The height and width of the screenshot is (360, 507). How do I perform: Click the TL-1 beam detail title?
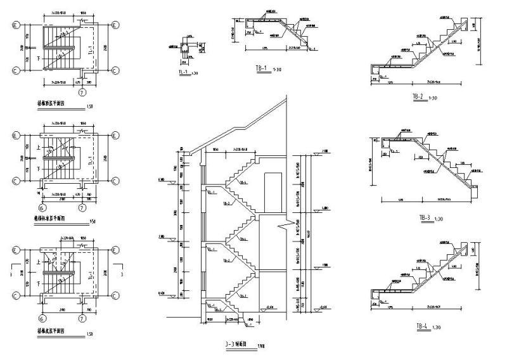pyautogui.click(x=182, y=74)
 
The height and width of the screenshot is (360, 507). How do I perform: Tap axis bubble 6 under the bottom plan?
pyautogui.click(x=42, y=318)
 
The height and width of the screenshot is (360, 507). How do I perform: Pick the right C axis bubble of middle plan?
pyautogui.click(x=115, y=181)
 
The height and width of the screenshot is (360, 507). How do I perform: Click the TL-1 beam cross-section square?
pyautogui.click(x=184, y=53)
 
